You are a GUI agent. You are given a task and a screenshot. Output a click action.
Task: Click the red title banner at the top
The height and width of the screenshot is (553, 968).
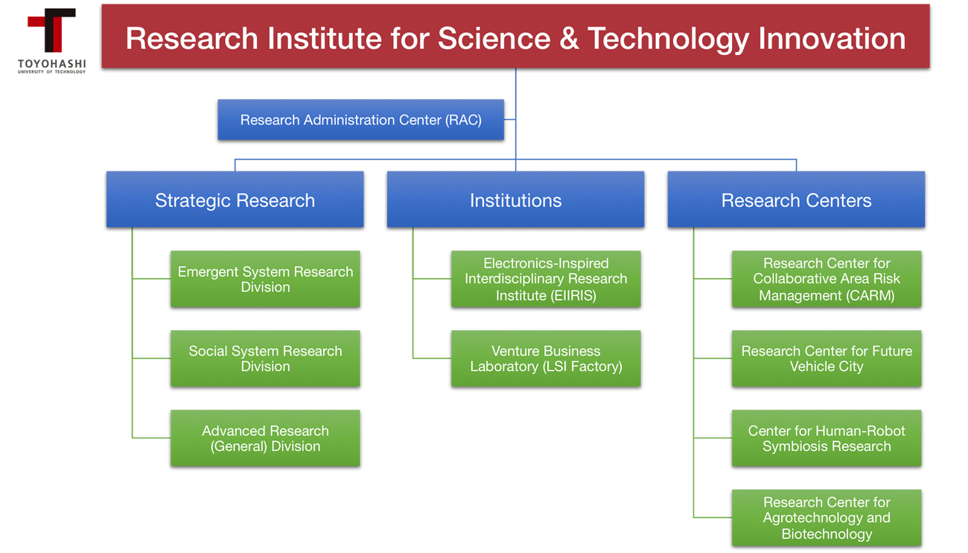(515, 37)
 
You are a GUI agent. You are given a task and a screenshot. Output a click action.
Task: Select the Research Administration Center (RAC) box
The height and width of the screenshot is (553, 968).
(361, 120)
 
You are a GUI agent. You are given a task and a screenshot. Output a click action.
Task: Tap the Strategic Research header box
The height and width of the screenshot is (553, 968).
(235, 199)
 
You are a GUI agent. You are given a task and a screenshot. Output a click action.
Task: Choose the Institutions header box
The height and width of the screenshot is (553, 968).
(515, 199)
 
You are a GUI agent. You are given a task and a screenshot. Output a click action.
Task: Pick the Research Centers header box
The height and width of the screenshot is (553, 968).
(797, 199)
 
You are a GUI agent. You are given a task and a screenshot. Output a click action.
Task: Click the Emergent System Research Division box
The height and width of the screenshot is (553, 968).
(265, 279)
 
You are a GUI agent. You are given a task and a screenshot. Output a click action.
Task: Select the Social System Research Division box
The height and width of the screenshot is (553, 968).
(265, 358)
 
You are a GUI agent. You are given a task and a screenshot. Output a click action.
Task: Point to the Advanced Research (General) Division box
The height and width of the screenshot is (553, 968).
(265, 438)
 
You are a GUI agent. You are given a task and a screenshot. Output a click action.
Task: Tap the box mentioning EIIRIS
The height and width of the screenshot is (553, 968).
(546, 279)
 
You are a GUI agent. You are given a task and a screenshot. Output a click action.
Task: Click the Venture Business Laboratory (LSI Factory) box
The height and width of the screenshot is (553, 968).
(546, 358)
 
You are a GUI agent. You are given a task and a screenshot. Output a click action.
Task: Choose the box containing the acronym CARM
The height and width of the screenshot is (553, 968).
(827, 279)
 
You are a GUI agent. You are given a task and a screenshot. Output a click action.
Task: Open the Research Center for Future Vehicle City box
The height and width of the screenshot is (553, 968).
(827, 358)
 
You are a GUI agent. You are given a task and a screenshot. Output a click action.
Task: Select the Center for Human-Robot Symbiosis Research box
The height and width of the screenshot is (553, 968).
(827, 438)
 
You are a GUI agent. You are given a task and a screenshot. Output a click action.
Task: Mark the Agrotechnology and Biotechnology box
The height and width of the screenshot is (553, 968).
(827, 517)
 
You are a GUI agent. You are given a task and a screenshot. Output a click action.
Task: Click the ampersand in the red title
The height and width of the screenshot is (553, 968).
(569, 39)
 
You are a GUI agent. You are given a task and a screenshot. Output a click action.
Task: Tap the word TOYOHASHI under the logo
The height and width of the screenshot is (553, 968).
(52, 64)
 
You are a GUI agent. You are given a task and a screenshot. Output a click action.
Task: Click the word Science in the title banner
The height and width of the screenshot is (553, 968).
(494, 39)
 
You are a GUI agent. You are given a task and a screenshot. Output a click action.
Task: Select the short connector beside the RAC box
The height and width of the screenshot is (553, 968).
(510, 119)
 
